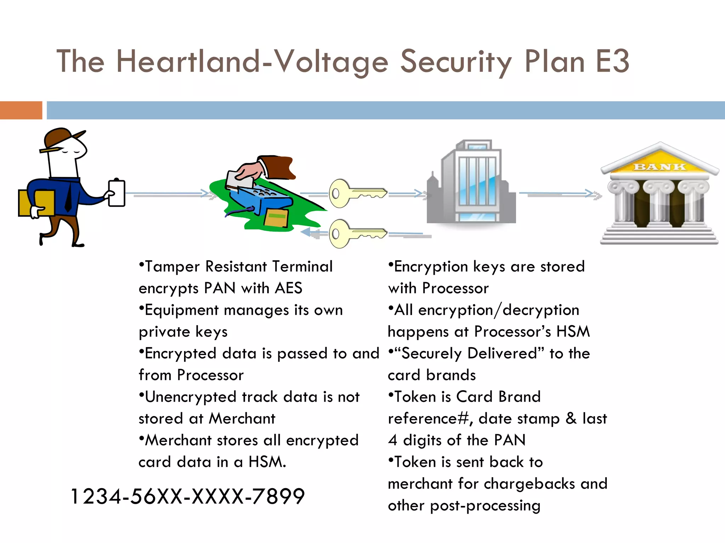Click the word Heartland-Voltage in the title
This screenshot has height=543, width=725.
(252, 62)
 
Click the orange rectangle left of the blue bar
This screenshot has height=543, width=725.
(21, 110)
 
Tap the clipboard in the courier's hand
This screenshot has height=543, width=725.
(116, 193)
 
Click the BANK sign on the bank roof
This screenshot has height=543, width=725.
(660, 167)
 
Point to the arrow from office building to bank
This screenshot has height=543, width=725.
(559, 194)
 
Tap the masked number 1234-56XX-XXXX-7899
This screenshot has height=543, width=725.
(188, 496)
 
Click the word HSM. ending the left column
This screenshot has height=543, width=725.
(267, 462)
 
